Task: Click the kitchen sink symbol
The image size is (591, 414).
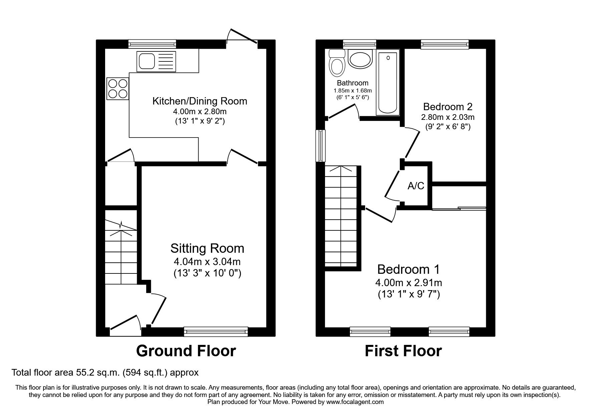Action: coord(156,61)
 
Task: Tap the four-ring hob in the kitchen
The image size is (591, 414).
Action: coord(117,88)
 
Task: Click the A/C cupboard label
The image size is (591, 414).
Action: coord(416,186)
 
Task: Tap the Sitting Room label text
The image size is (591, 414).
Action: coord(207,248)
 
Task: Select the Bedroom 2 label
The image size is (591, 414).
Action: coord(448,107)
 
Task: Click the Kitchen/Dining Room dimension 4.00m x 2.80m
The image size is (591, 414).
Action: coord(200,112)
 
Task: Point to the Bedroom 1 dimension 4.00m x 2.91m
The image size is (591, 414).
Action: coord(408,283)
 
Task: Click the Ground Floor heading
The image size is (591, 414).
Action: coord(186,351)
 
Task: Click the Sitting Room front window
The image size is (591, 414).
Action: coord(216,331)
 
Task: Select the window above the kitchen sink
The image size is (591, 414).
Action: coord(153,44)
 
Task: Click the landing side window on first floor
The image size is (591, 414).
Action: coord(321,146)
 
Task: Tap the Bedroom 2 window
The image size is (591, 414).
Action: coord(445,44)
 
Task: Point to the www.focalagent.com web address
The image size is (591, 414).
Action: coord(355,402)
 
